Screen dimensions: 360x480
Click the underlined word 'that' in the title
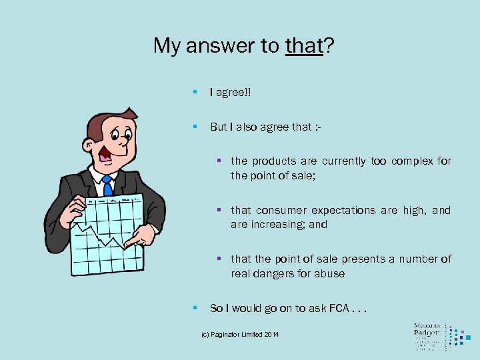point(303,45)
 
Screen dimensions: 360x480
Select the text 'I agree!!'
point(230,93)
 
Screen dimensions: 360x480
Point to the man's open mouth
point(105,154)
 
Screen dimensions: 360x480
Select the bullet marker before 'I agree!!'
point(194,93)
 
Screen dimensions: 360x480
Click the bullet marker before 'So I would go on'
point(194,308)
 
